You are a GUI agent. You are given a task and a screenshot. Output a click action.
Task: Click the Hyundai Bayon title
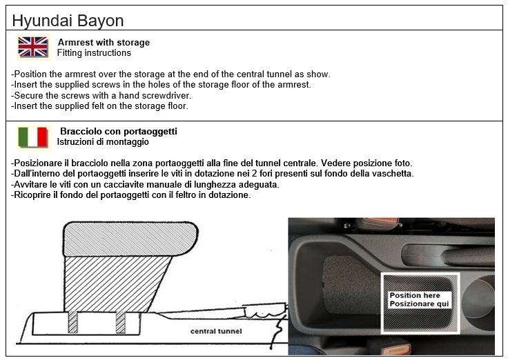point(68,21)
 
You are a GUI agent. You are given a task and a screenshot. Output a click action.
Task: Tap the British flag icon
point(33,48)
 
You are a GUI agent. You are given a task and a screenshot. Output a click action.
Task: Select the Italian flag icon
point(33,137)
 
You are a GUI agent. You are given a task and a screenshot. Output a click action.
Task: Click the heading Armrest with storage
point(104,42)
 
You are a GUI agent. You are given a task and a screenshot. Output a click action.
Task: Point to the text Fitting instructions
point(94,53)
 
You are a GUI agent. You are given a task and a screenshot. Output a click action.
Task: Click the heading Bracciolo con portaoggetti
point(119,131)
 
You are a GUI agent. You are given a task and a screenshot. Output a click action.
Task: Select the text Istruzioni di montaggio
point(103,142)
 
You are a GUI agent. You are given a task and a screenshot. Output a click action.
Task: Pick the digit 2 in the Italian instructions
point(254,174)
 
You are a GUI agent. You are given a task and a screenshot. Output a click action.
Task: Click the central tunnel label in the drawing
point(216,331)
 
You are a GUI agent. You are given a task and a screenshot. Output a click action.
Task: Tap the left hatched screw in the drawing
point(73,322)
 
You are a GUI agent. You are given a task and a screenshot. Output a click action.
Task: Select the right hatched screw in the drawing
point(121,322)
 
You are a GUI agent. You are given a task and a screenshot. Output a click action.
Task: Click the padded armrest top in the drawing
point(130,239)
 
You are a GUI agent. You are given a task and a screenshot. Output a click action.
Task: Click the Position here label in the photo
point(415,295)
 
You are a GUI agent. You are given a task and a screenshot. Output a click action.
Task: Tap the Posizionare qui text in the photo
point(419,303)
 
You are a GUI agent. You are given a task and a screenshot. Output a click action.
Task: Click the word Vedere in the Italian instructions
point(335,163)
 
